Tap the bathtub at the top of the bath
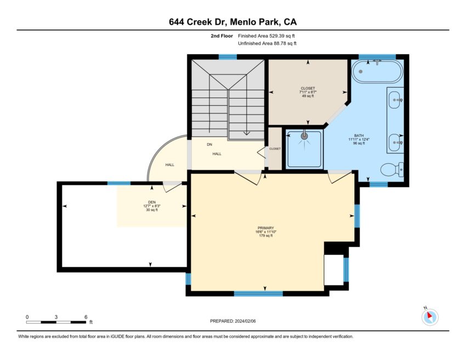377,72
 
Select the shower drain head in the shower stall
304,136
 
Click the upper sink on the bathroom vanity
395,100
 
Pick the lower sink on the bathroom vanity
395,142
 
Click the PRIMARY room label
266,228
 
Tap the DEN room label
152,202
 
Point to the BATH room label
359,135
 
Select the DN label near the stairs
209,144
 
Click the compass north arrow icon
430,317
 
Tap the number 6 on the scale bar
86,317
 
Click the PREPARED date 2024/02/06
245,321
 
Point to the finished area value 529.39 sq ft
282,36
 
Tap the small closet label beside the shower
275,148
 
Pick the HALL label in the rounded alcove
170,164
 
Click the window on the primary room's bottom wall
259,294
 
